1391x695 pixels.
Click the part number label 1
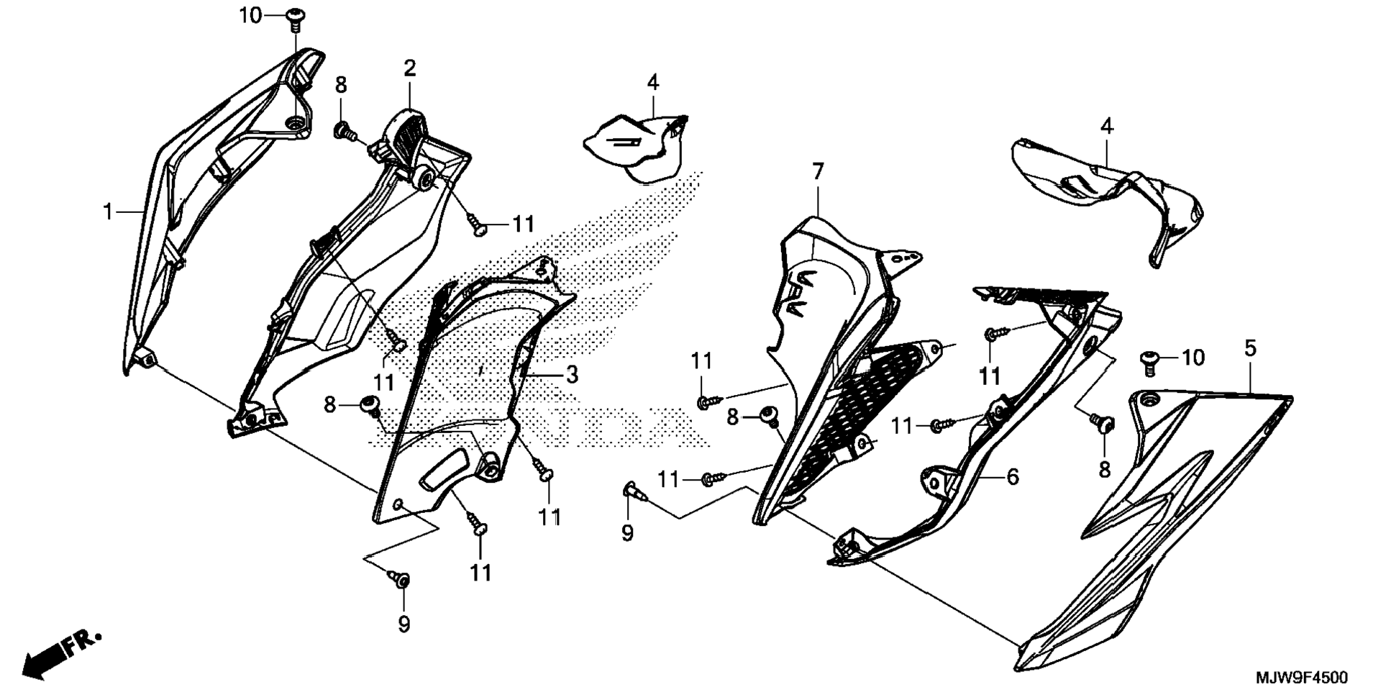[108, 212]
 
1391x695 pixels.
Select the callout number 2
[409, 69]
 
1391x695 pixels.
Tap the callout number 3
[572, 374]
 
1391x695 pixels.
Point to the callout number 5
[1250, 349]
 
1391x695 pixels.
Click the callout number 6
[1012, 476]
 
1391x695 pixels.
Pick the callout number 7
[817, 172]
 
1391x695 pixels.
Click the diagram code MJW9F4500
[1302, 678]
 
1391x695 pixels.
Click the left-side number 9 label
[403, 624]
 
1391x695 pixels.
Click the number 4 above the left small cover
[652, 83]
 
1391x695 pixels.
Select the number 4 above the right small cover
[1107, 127]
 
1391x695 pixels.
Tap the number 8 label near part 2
[341, 85]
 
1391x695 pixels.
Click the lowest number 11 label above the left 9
[480, 573]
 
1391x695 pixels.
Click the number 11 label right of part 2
[523, 224]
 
